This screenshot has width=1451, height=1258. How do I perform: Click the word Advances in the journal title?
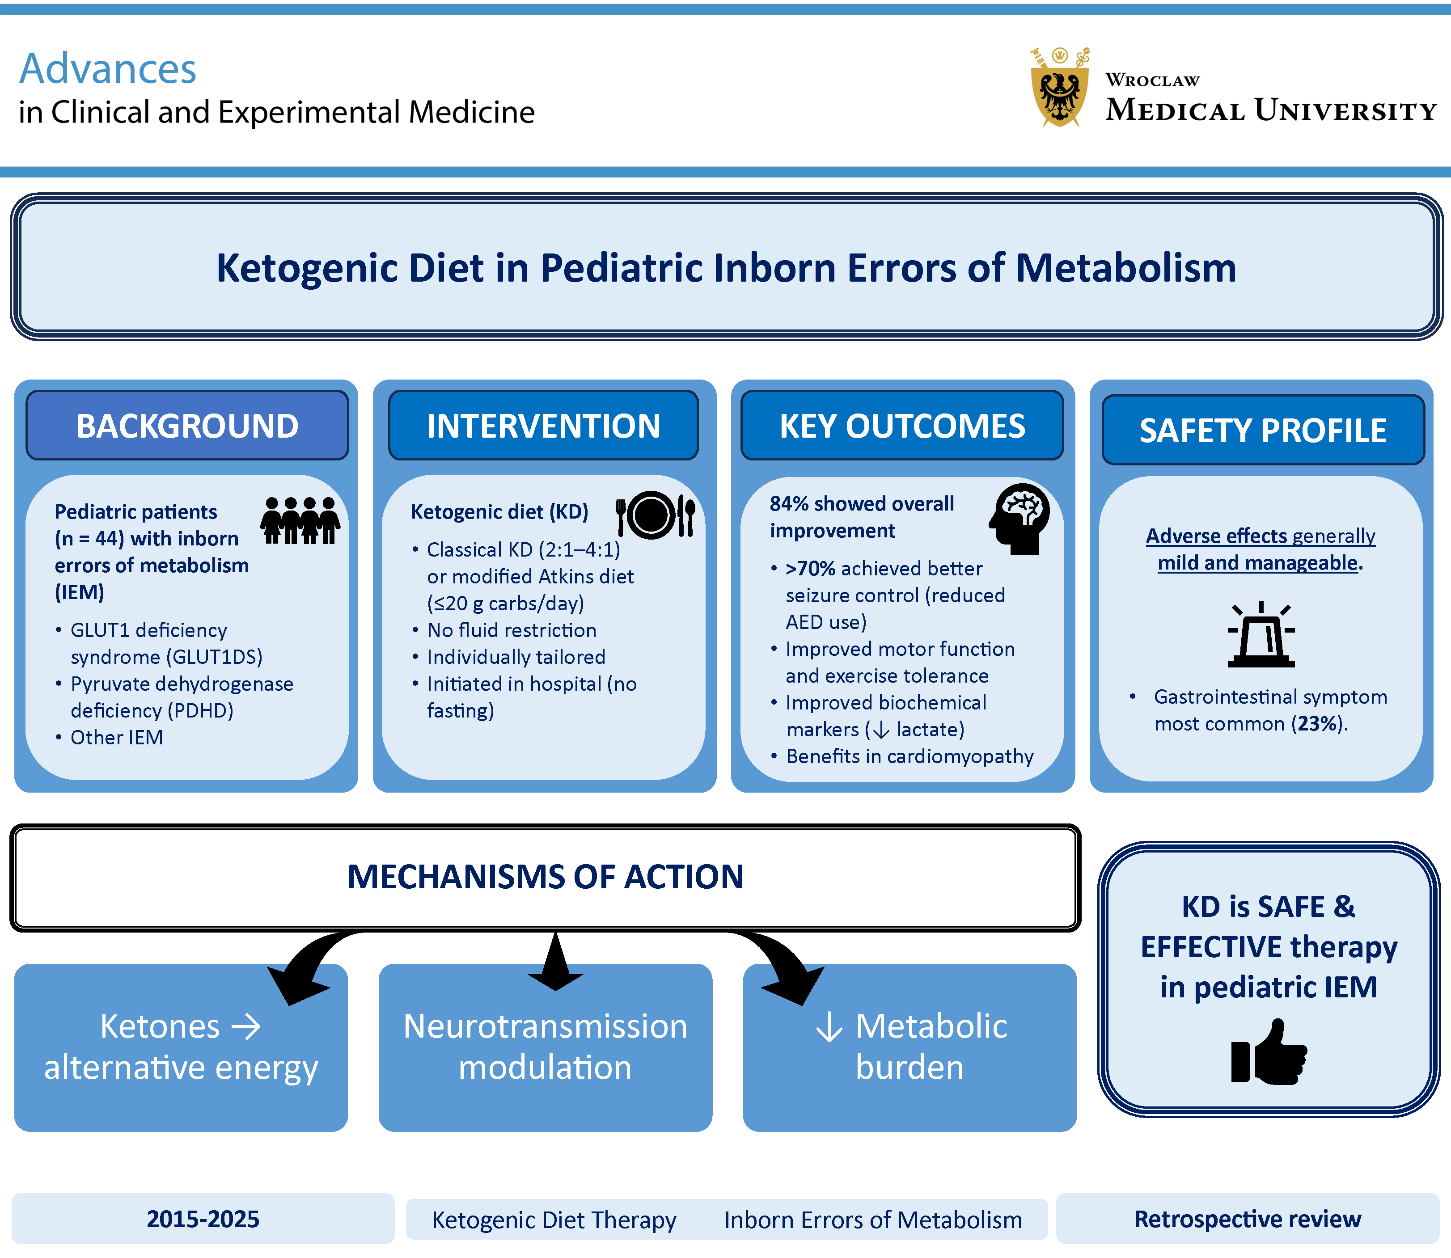(x=107, y=69)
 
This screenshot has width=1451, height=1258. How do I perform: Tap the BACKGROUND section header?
(x=187, y=426)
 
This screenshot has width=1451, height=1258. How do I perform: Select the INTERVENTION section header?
(x=543, y=426)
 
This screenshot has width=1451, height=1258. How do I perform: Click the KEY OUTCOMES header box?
(x=902, y=426)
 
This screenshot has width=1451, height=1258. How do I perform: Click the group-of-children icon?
(x=300, y=520)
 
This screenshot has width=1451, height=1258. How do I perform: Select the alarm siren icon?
(x=1261, y=635)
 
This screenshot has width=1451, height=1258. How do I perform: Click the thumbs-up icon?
(x=1269, y=1053)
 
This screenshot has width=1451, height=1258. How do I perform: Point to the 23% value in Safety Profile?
(x=1318, y=724)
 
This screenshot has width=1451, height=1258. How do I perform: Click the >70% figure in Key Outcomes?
(x=811, y=569)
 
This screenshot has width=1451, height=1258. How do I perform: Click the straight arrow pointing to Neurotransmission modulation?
(x=555, y=962)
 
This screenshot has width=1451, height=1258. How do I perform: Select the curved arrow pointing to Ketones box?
(x=309, y=969)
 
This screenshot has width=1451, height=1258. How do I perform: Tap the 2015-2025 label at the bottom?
(x=203, y=1220)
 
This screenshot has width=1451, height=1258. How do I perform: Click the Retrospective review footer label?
(x=1248, y=1220)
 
